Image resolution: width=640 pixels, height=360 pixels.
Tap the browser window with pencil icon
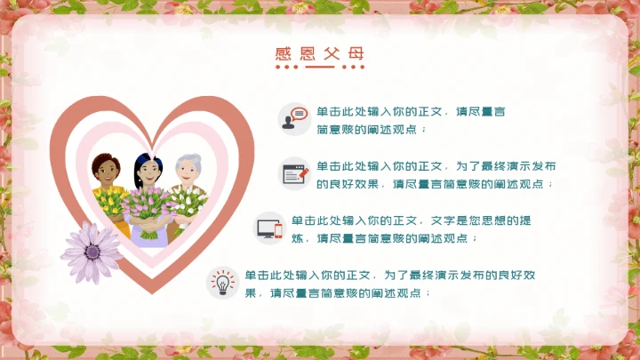click(x=293, y=172)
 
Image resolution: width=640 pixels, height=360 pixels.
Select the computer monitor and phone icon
click(x=268, y=228)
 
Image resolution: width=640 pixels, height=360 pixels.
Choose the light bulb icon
click(x=221, y=282)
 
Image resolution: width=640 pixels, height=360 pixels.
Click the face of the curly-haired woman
click(x=107, y=170)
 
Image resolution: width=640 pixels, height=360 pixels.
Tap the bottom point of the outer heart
click(x=152, y=291)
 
